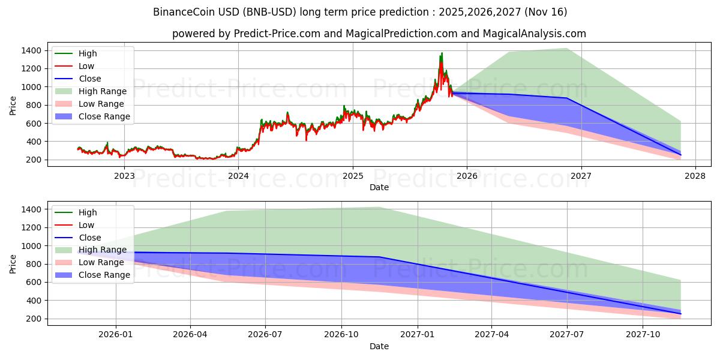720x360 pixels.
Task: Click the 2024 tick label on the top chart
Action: [x=238, y=176]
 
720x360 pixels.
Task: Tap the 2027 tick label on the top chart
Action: [x=581, y=176]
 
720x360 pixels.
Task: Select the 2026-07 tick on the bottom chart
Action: [x=266, y=335]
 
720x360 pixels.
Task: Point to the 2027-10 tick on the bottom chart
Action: [x=643, y=335]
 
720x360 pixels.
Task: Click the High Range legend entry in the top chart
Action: [x=102, y=91]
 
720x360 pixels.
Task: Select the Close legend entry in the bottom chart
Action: [x=90, y=238]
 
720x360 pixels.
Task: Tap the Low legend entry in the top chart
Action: [x=86, y=66]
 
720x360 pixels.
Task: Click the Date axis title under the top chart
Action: [x=379, y=187]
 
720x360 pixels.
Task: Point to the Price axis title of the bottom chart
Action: [x=13, y=263]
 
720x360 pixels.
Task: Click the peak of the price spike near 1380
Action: [x=442, y=53]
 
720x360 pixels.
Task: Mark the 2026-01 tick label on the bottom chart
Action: [x=116, y=335]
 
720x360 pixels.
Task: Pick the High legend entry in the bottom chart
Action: [x=88, y=212]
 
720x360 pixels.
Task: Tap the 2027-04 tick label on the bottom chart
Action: [x=491, y=335]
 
